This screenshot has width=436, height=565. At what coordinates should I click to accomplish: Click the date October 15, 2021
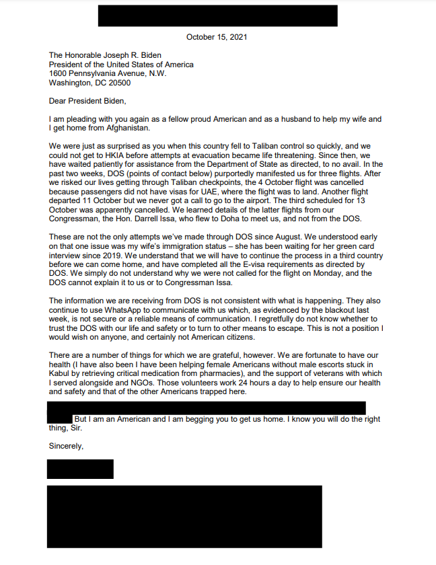tap(217, 37)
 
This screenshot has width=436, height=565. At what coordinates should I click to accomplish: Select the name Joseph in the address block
tap(121, 55)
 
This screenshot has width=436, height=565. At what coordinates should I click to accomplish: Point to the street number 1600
tap(59, 74)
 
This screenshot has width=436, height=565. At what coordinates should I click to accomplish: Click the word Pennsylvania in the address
tap(98, 74)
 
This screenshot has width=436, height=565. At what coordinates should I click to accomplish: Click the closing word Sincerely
tap(66, 445)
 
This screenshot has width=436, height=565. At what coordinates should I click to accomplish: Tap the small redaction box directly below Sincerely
tap(80, 469)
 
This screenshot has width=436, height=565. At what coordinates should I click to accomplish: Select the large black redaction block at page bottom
tap(184, 516)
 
